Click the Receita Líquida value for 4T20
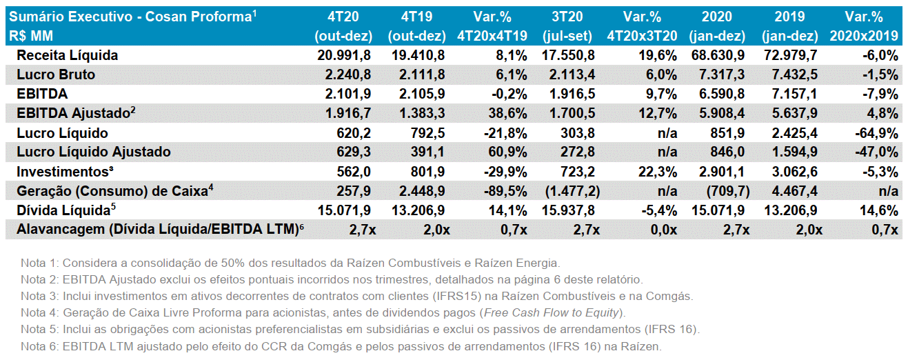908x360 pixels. pos(344,55)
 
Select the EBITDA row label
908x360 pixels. pos(42,94)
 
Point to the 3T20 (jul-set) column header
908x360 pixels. pos(567,26)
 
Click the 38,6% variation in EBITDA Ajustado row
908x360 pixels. pos(507,113)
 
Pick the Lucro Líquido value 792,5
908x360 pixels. pos(427,133)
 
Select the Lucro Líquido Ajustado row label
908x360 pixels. pos(94,152)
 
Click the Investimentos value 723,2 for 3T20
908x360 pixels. pos(578,172)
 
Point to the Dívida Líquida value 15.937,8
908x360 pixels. pos(568,210)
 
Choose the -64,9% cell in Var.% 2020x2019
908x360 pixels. pos(876,133)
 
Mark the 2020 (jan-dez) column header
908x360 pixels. pos(717,26)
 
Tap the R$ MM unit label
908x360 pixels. pos(31,36)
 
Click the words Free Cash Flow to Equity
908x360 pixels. pos(552,312)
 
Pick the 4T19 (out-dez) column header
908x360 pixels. pos(416,26)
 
